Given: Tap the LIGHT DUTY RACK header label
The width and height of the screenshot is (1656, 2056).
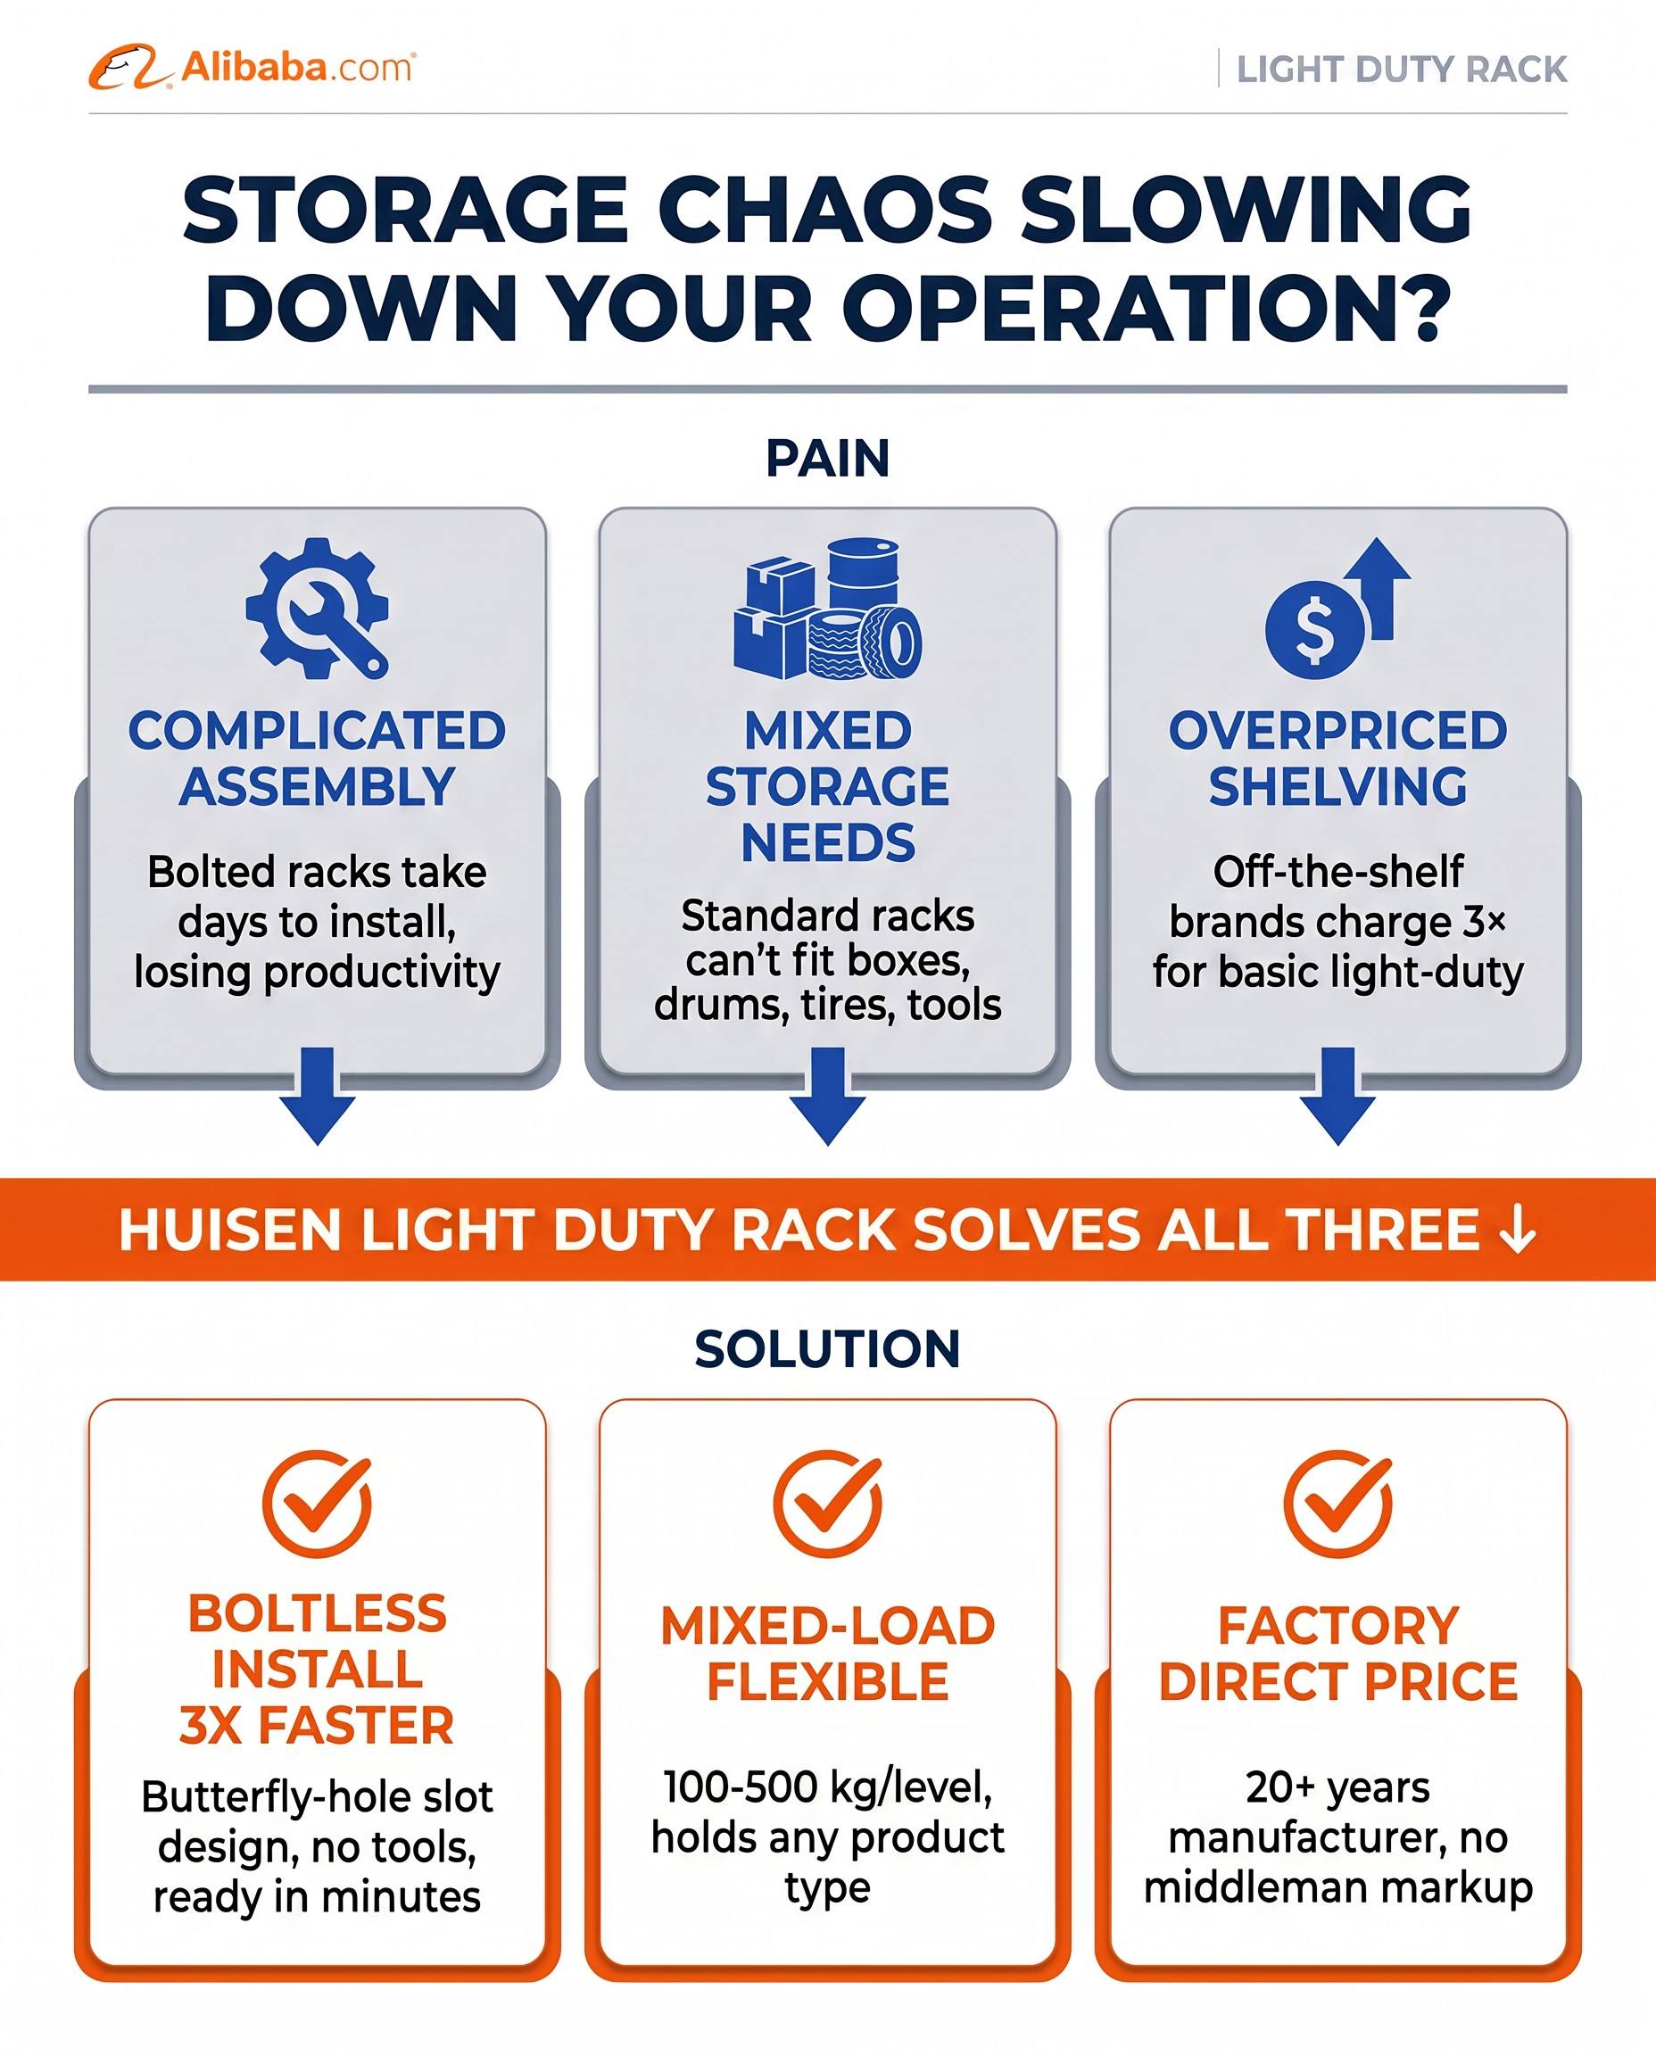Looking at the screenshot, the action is pyautogui.click(x=1402, y=70).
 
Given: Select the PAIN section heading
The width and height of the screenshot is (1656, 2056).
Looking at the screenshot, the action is pyautogui.click(x=828, y=458).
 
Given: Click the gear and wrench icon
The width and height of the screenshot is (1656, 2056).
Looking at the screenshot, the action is pyautogui.click(x=317, y=608).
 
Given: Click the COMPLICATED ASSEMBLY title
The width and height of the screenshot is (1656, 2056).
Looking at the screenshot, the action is pyautogui.click(x=317, y=759).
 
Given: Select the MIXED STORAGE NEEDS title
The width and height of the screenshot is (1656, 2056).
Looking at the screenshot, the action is pyautogui.click(x=828, y=786).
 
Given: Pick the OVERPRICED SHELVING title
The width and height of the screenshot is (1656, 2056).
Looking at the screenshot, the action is pyautogui.click(x=1337, y=759).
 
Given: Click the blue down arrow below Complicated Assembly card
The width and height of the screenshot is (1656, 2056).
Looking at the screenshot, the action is pyautogui.click(x=318, y=1095).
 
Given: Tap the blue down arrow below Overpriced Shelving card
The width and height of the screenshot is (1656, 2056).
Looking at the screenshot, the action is pyautogui.click(x=1338, y=1095).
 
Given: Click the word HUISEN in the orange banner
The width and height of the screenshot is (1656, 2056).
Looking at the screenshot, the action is pyautogui.click(x=230, y=1229).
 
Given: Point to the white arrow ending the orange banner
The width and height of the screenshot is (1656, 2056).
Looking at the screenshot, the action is pyautogui.click(x=1517, y=1230).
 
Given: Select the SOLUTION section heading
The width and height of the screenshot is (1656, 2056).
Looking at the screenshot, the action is pyautogui.click(x=828, y=1349).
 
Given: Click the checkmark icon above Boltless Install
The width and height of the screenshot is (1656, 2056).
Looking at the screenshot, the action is pyautogui.click(x=318, y=1505).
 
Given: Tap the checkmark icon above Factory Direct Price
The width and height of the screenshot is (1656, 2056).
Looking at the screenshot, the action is pyautogui.click(x=1338, y=1505).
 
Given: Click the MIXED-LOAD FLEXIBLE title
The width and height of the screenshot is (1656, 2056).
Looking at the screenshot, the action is pyautogui.click(x=828, y=1654).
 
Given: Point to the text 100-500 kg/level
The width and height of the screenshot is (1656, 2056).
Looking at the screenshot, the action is pyautogui.click(x=828, y=1787).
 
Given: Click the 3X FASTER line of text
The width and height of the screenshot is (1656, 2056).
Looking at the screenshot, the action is pyautogui.click(x=317, y=1726).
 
